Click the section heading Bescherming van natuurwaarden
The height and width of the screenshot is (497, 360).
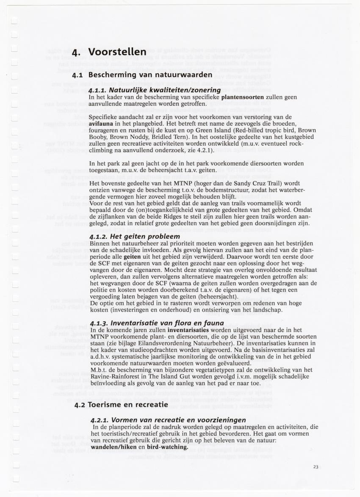[150, 75]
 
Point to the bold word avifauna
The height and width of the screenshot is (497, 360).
[102, 124]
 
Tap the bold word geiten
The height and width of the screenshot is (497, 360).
[132, 257]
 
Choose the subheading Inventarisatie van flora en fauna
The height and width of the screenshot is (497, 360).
[157, 323]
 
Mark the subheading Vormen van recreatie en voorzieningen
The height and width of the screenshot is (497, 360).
[168, 420]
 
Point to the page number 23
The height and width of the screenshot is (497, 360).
[316, 467]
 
